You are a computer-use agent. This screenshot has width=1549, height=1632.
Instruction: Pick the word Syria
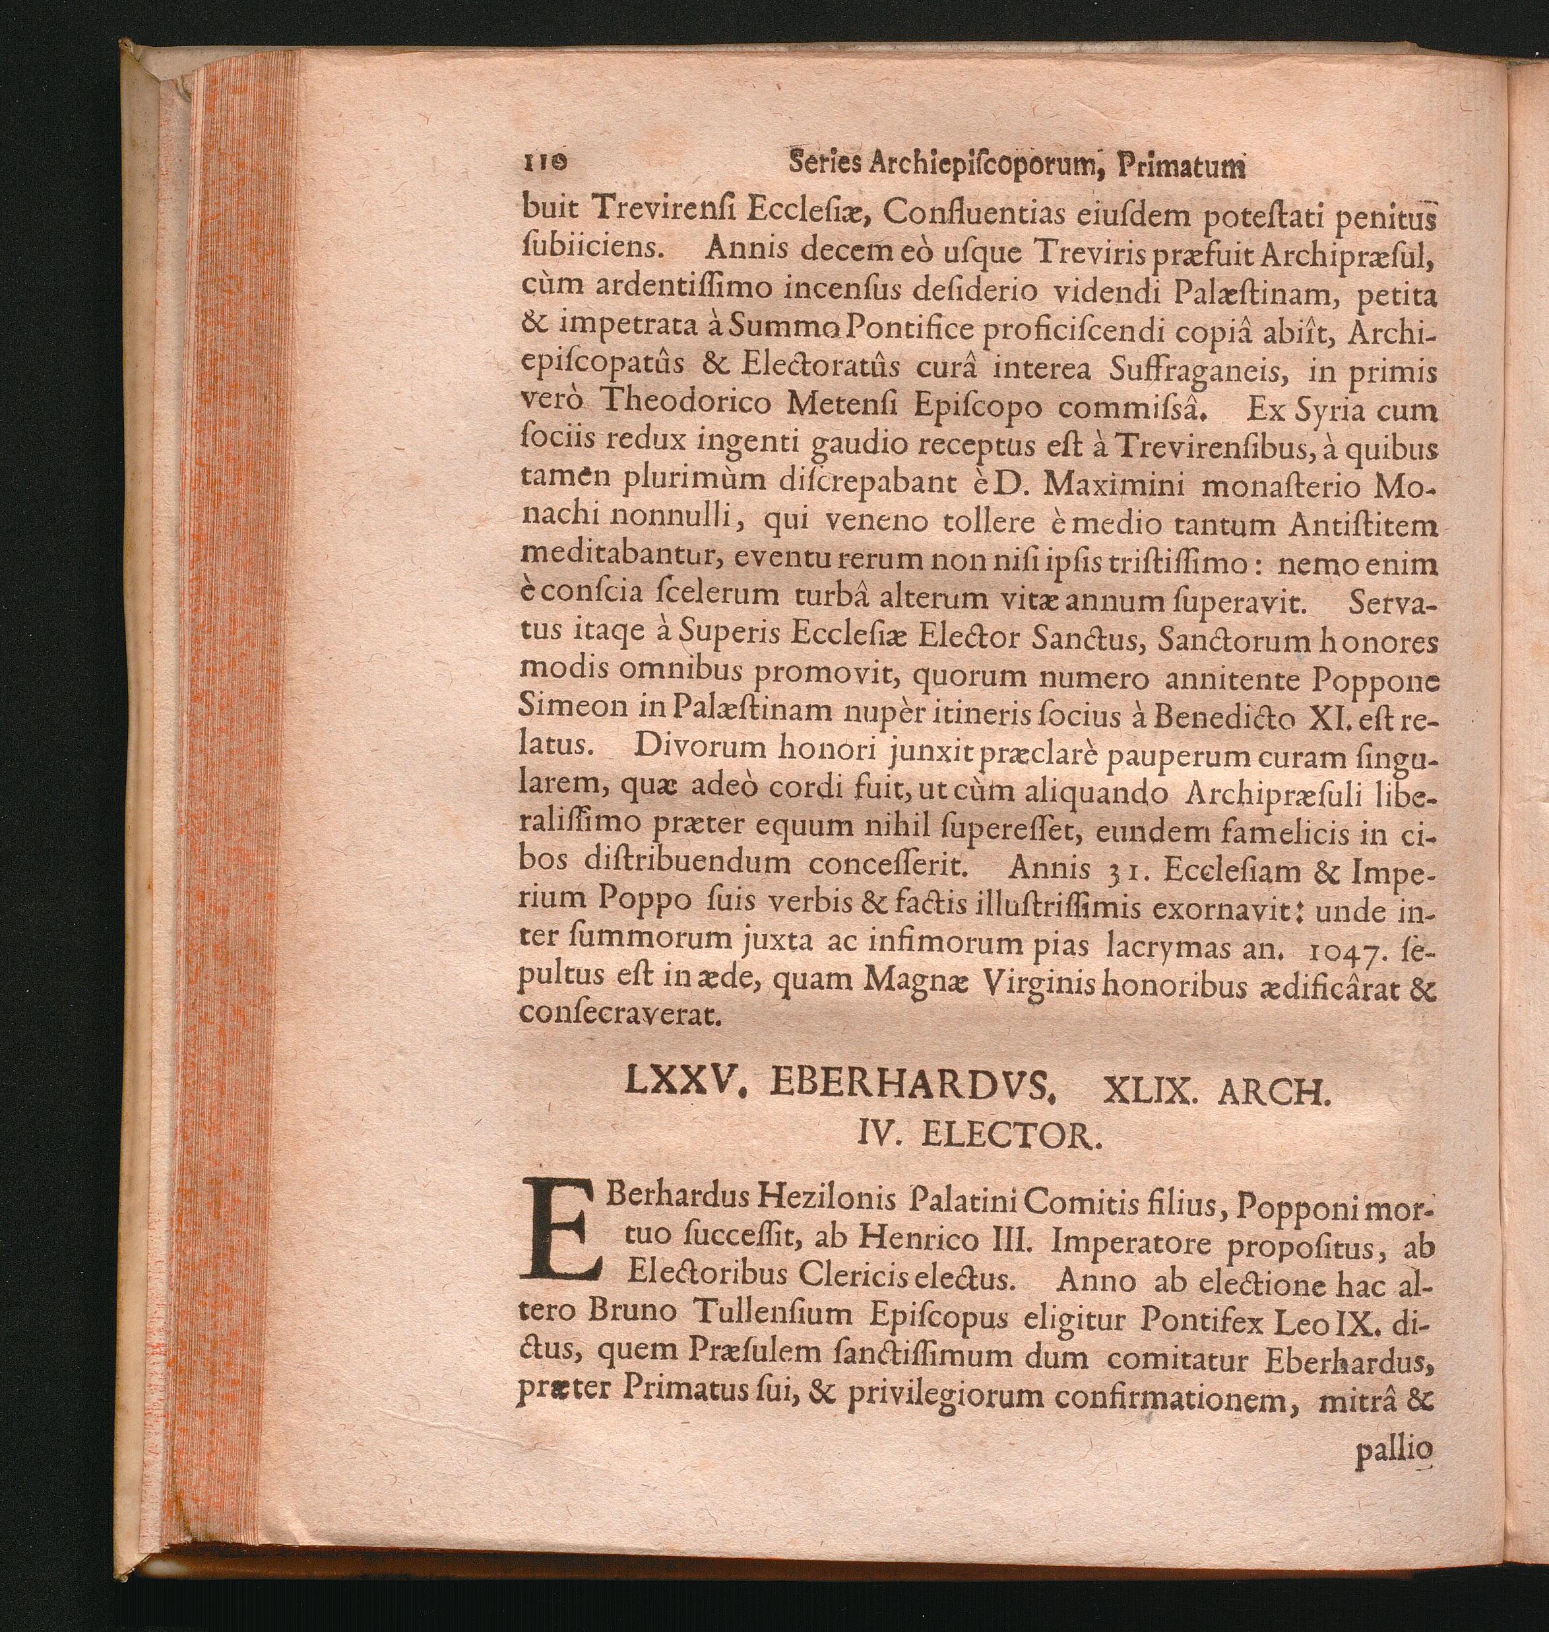coord(1328,408)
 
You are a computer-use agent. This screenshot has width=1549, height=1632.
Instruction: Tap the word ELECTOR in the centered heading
coord(1011,1137)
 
